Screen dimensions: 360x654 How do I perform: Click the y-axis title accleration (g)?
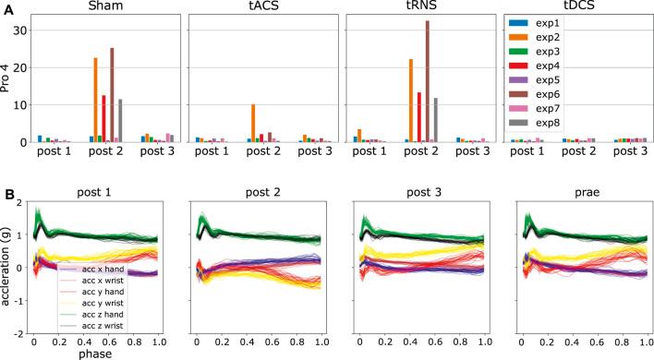click(7, 267)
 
